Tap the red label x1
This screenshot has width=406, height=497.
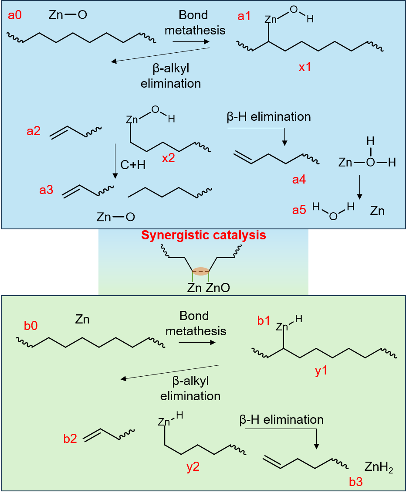pos(304,68)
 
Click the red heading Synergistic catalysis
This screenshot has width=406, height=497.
pos(203,236)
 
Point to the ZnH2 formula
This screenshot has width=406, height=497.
pos(379,469)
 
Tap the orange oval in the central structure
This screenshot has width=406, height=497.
pos(201,271)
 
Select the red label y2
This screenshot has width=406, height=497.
pos(193,467)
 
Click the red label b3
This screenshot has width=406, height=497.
pos(356,482)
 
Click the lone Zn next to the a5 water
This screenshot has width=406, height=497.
pos(377,211)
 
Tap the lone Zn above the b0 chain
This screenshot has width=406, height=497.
pos(82,320)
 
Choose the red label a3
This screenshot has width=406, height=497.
pos(47,190)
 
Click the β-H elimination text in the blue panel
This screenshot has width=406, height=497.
pos(269,117)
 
